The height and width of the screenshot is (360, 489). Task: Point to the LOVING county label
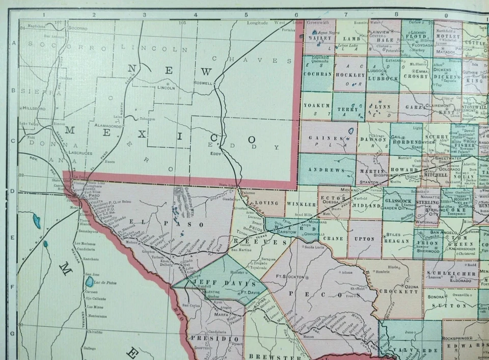tap(267, 203)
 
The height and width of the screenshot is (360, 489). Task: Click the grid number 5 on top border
tap(246, 15)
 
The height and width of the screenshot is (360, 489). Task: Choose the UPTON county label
tap(365, 239)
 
